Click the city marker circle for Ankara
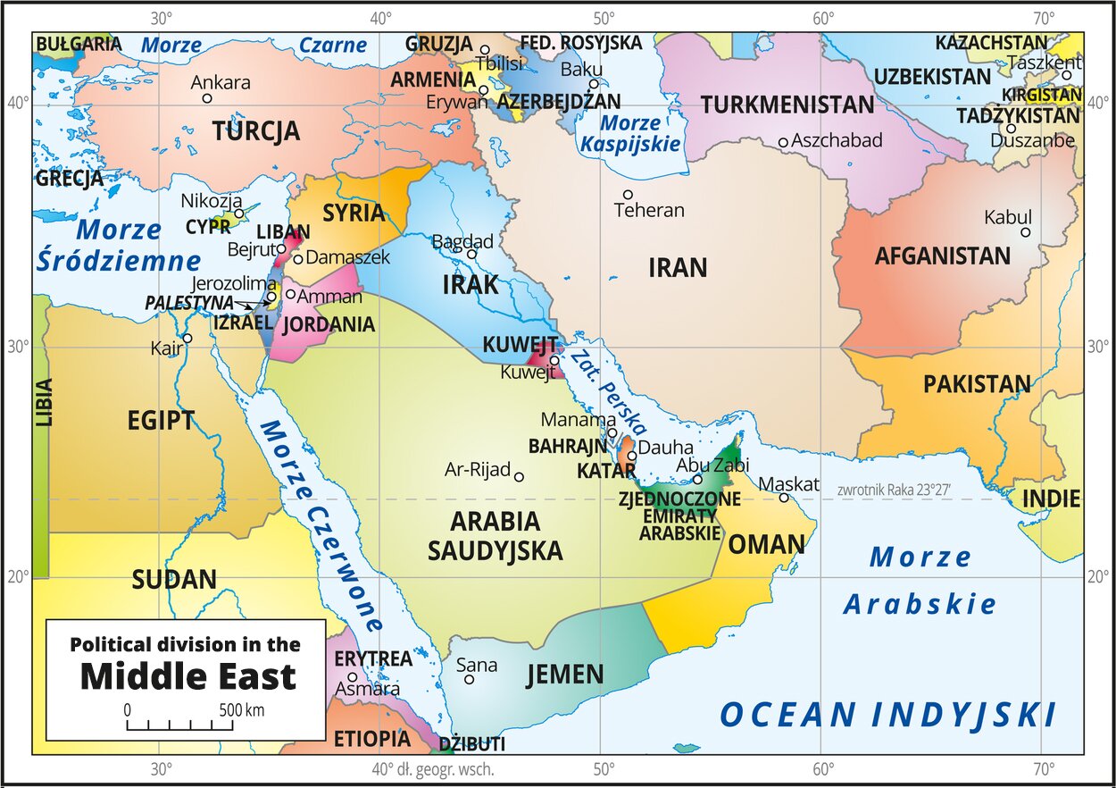[x=207, y=98]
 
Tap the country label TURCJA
[x=255, y=132]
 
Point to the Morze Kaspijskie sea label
[x=630, y=133]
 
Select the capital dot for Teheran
[x=628, y=195]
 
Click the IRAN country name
[x=677, y=267]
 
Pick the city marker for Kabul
[x=1026, y=232]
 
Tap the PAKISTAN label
[x=977, y=384]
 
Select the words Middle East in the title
[x=187, y=677]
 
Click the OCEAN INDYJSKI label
[x=887, y=716]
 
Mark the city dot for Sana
[x=469, y=680]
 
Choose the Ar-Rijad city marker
[x=519, y=476]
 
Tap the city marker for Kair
[x=187, y=338]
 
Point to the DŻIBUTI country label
[x=472, y=744]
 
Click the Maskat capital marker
[x=784, y=498]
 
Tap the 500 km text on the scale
[x=240, y=711]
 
